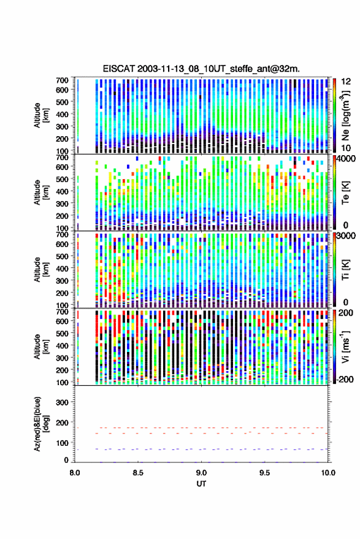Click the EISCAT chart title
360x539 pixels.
pos(201,69)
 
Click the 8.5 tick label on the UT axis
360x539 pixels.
pos(138,473)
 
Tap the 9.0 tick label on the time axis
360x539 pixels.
pos(201,473)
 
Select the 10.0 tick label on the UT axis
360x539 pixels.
pos(328,473)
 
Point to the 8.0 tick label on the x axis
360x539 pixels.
pos(75,473)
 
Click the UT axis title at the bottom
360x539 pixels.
pos(201,484)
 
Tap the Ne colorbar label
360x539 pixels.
pos(345,115)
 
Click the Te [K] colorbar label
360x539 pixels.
pos(345,193)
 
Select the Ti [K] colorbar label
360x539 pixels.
pos(345,270)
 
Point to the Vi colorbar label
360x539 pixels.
pos(345,346)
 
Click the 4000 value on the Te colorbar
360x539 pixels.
pos(347,159)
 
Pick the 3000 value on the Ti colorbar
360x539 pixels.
pos(347,236)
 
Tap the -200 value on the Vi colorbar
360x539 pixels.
pos(345,379)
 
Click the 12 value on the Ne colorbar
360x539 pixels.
pos(347,82)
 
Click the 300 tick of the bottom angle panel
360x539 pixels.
pos(62,402)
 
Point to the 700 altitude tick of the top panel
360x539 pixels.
pos(62,80)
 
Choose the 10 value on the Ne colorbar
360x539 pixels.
pos(347,148)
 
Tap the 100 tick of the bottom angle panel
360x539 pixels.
pos(62,443)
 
